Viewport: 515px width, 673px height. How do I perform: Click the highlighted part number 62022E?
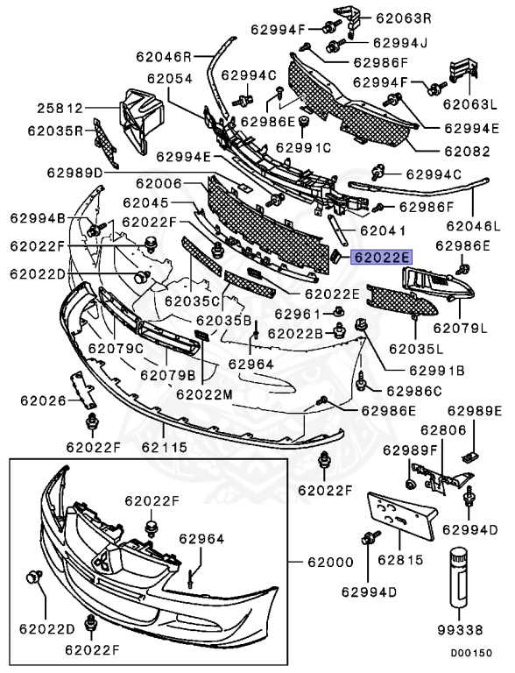[x=382, y=257]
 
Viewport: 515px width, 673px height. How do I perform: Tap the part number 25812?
[x=60, y=108]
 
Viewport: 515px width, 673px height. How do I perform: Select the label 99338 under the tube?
[x=460, y=630]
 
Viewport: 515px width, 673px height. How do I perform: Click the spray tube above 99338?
[x=459, y=577]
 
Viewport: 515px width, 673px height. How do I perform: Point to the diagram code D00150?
[x=471, y=653]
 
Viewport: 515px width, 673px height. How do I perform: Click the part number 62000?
[x=330, y=562]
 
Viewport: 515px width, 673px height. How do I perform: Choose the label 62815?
[x=400, y=560]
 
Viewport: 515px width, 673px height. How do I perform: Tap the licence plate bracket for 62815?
[x=401, y=516]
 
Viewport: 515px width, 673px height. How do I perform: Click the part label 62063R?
[x=404, y=18]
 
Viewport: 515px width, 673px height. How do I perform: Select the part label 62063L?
[x=470, y=104]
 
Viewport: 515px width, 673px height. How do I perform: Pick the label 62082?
[x=467, y=151]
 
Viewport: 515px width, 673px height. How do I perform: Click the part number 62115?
[x=165, y=447]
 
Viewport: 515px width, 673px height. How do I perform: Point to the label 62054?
[x=170, y=79]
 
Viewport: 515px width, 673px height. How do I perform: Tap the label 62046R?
[x=164, y=57]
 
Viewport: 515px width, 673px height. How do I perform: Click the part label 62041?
[x=383, y=230]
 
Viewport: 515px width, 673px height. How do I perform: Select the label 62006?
[x=159, y=183]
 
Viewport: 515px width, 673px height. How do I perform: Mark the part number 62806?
[x=443, y=429]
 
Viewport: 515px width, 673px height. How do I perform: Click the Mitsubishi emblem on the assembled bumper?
[x=103, y=560]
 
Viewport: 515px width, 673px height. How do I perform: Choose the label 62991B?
[x=437, y=370]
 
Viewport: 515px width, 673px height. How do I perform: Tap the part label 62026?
[x=43, y=400]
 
